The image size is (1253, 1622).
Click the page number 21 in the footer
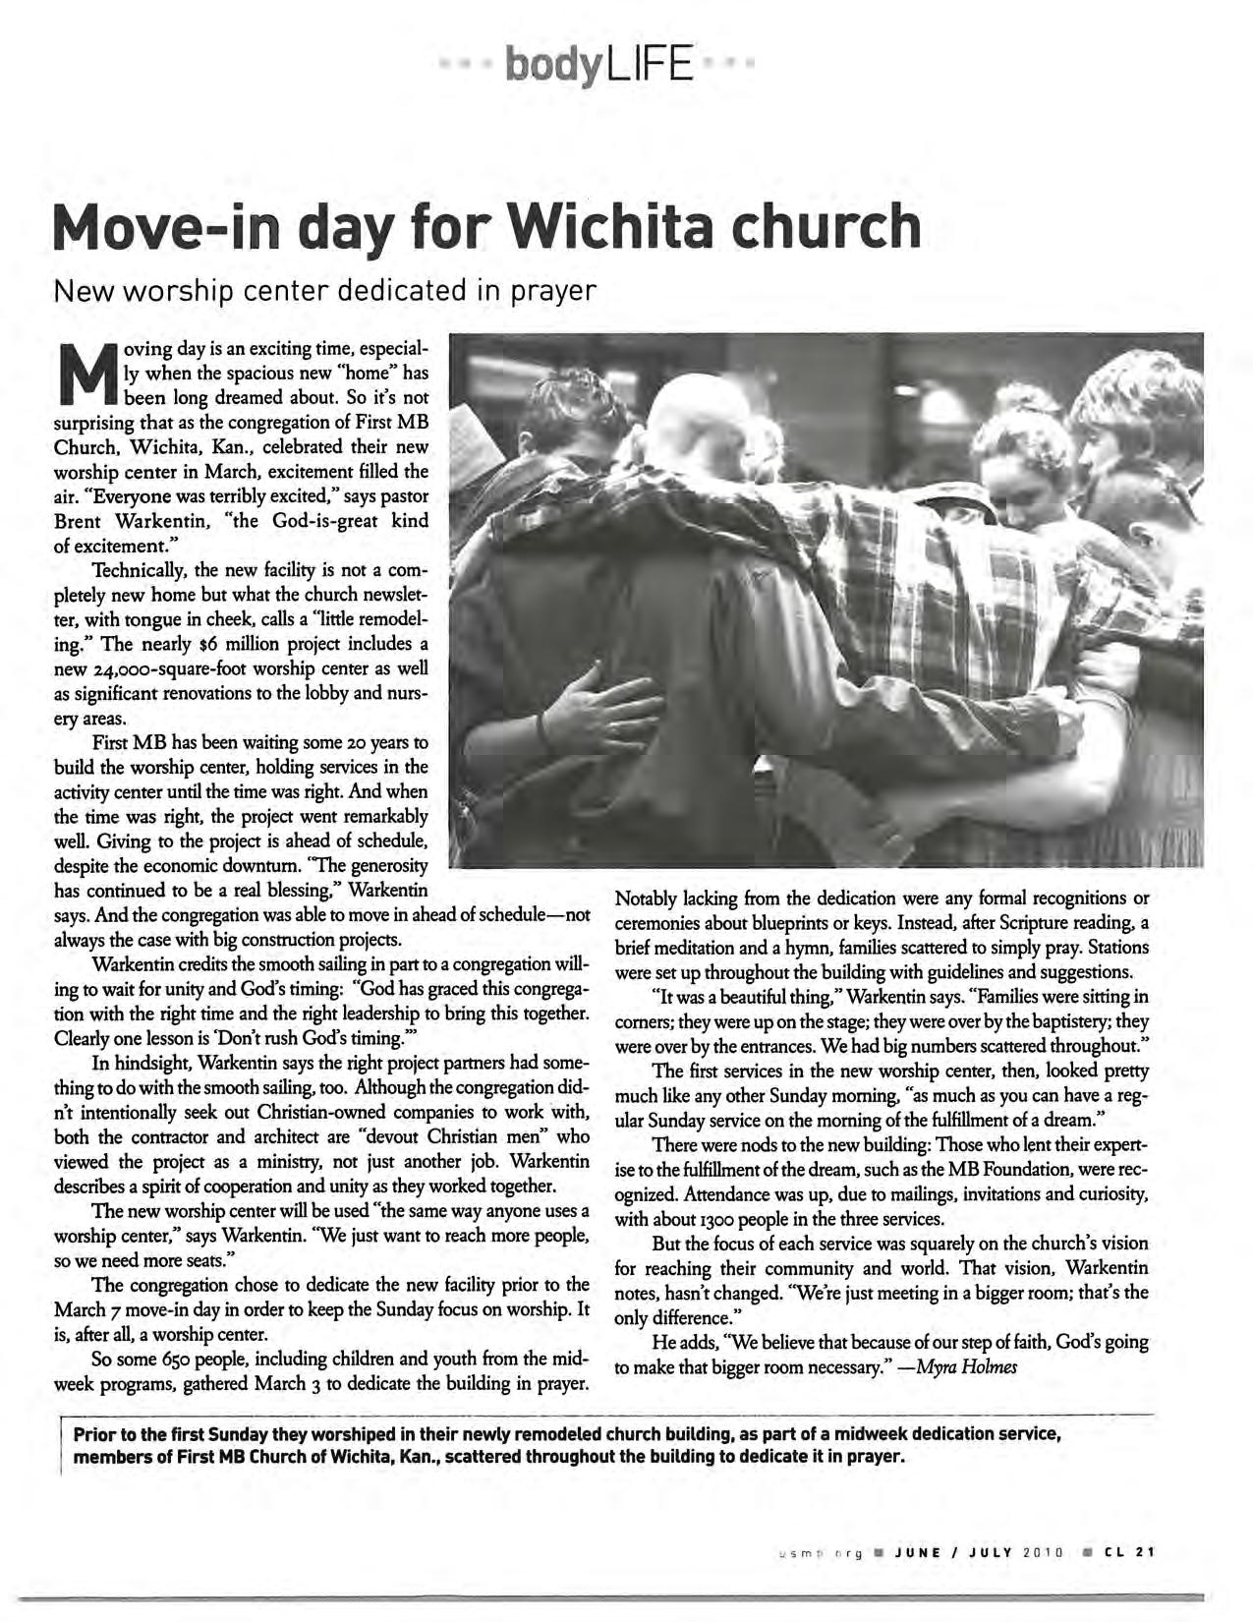point(1144,1553)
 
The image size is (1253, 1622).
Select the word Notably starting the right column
point(644,898)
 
